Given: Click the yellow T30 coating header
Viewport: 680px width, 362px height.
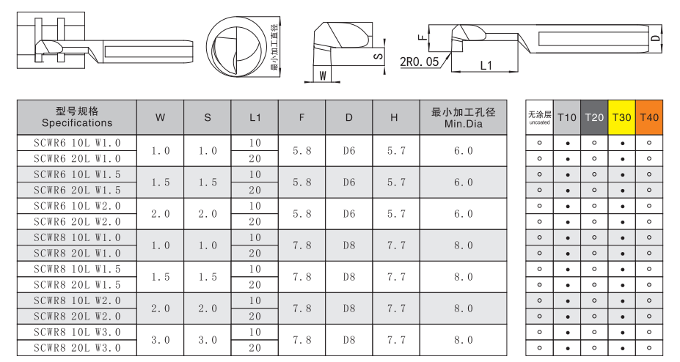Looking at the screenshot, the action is pyautogui.click(x=621, y=117).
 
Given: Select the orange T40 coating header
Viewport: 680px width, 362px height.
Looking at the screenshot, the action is pyautogui.click(x=648, y=117).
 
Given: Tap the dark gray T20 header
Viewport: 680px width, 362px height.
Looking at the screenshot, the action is pyautogui.click(x=594, y=117).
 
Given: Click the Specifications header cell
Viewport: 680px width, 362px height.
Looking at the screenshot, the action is pyautogui.click(x=77, y=117).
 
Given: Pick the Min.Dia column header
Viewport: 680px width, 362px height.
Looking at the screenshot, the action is pyautogui.click(x=463, y=117).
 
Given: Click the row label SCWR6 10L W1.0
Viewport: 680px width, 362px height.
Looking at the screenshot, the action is pyautogui.click(x=77, y=143).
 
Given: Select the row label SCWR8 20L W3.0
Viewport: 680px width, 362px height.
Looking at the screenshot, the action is pyautogui.click(x=77, y=348).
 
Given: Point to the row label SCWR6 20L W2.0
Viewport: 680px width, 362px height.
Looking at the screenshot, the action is pyautogui.click(x=77, y=222).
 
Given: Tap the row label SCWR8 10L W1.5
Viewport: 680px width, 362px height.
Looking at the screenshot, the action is pyautogui.click(x=77, y=269).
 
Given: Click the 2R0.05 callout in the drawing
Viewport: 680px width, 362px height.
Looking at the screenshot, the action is pyautogui.click(x=419, y=62).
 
